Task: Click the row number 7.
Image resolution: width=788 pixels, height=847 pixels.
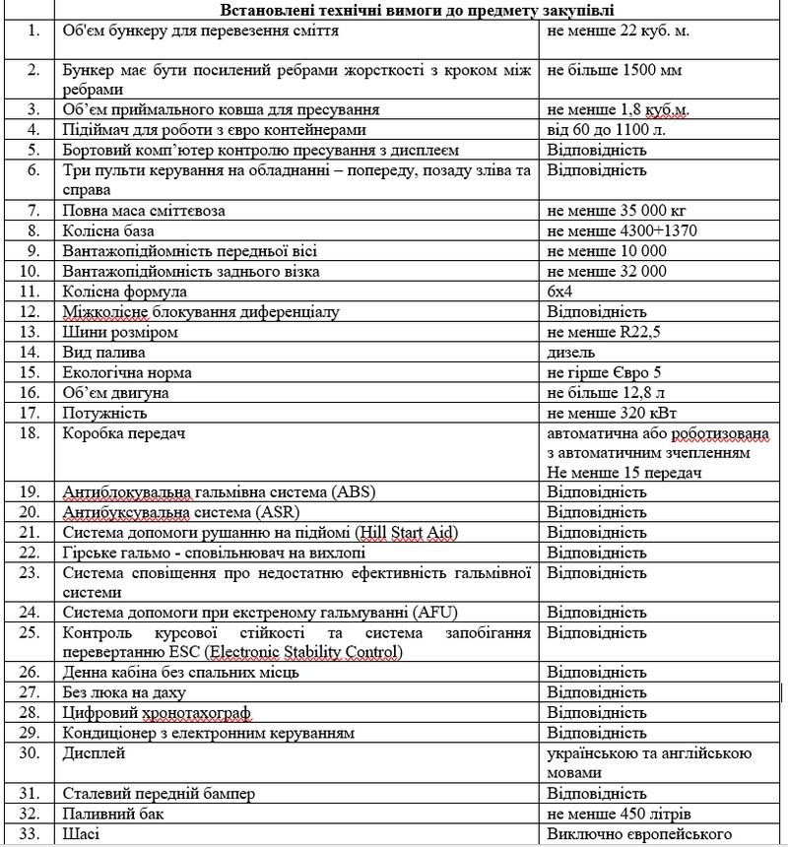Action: coord(34,210)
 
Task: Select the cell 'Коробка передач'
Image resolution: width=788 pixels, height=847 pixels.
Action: coord(125,433)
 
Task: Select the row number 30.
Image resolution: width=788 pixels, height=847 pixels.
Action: coord(34,753)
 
